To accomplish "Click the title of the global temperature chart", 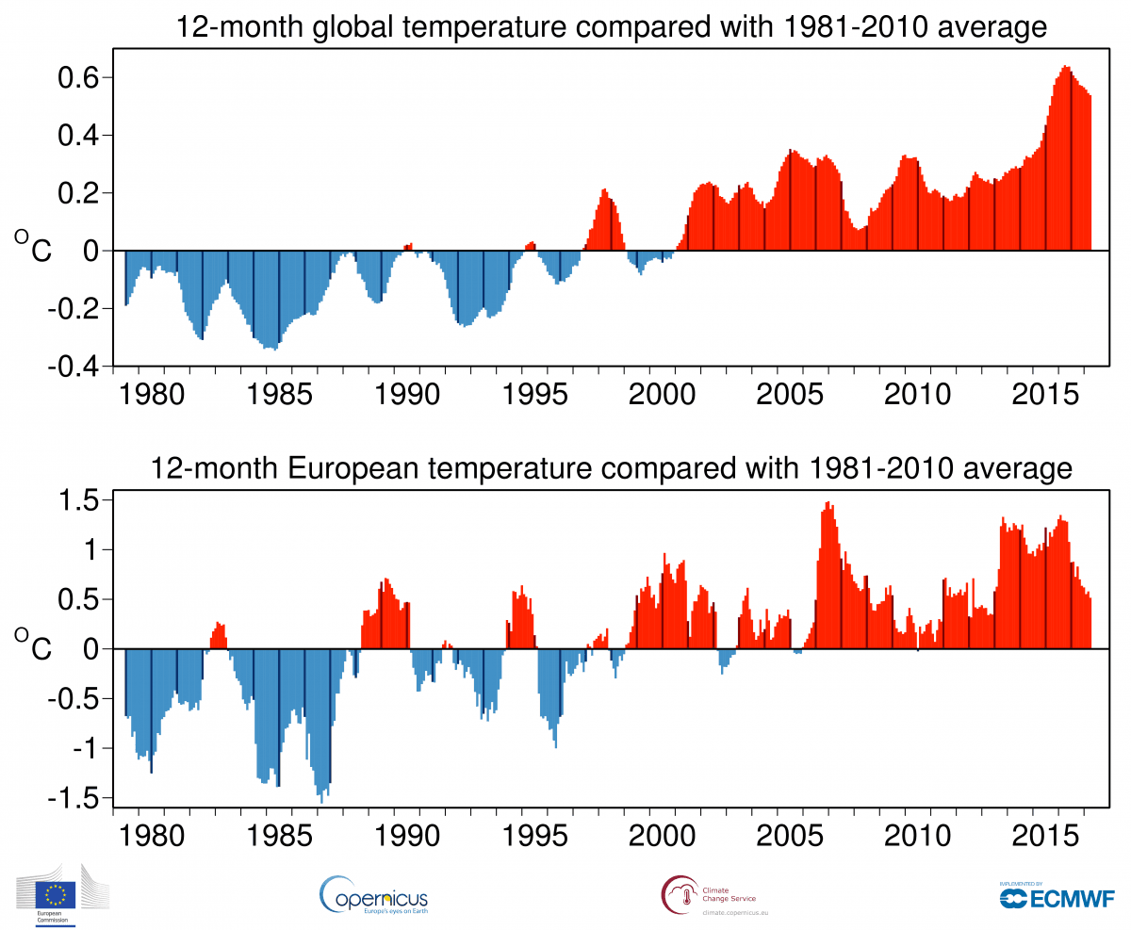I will pyautogui.click(x=612, y=27).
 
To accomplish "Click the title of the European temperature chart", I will pyautogui.click(x=612, y=467).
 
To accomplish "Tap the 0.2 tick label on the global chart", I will pyautogui.click(x=81, y=193).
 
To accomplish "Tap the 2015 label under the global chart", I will pyautogui.click(x=1046, y=393).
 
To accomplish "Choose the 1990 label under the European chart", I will pyautogui.click(x=406, y=835).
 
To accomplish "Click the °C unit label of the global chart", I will pyautogui.click(x=34, y=247).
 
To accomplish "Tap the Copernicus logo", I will pyautogui.click(x=374, y=894).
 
